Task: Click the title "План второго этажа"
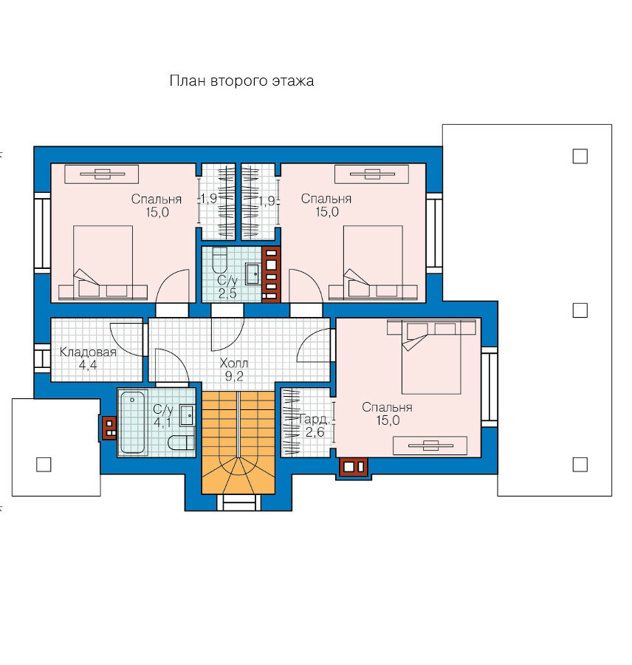click(241, 81)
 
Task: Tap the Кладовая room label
click(88, 352)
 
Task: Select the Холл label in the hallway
click(234, 363)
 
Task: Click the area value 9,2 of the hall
click(234, 376)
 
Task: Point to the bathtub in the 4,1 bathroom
click(133, 423)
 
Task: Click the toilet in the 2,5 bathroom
click(219, 260)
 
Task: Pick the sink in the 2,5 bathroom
click(253, 274)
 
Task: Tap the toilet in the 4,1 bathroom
click(182, 443)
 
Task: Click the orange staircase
click(238, 443)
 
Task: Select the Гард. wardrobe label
click(314, 420)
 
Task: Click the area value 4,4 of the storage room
click(88, 365)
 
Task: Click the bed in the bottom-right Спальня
click(431, 357)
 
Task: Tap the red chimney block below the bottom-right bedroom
click(354, 467)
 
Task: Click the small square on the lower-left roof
click(44, 465)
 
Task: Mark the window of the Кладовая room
click(42, 358)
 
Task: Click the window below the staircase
click(238, 502)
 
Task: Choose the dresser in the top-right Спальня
click(371, 174)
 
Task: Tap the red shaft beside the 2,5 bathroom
click(271, 274)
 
